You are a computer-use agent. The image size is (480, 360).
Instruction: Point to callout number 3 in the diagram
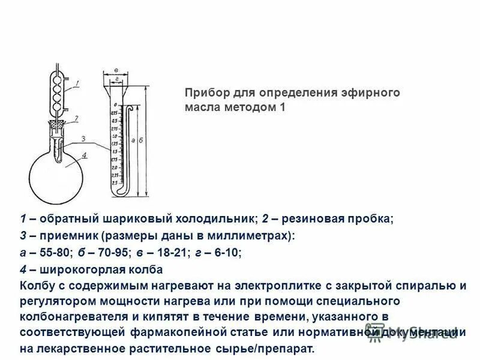[85, 140]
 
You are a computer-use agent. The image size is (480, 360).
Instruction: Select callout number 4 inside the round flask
[85, 155]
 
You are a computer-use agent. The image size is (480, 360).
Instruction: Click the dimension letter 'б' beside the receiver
[140, 140]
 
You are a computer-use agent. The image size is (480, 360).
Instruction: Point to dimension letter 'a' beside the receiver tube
[131, 140]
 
